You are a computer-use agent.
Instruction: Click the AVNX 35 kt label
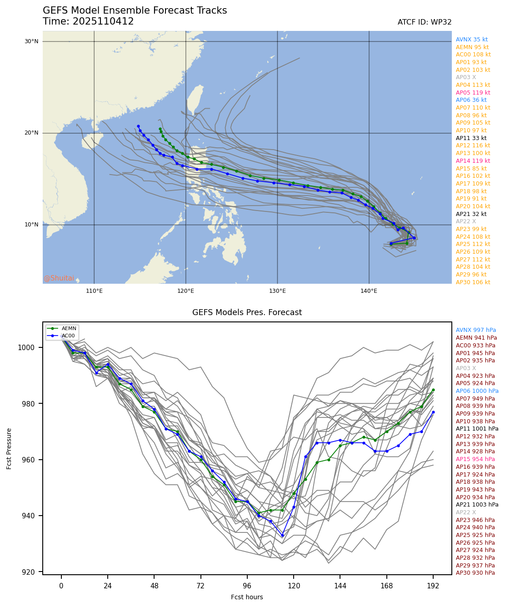(471, 40)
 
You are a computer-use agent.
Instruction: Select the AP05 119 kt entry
(473, 93)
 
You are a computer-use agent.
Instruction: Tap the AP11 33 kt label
(471, 138)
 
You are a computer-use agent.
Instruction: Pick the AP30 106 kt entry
(473, 282)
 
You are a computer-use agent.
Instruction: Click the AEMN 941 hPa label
(476, 338)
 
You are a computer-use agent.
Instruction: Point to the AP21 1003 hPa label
(477, 505)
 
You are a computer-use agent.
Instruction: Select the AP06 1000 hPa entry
(477, 391)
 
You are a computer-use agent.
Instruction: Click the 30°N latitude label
(31, 41)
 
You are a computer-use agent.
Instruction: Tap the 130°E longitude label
(277, 291)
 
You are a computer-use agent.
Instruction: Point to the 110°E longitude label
(94, 291)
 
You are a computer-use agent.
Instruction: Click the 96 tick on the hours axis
(247, 586)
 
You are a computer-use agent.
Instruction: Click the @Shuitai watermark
(59, 278)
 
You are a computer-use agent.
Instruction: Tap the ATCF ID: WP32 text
(424, 22)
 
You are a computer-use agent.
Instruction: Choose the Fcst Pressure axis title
(9, 448)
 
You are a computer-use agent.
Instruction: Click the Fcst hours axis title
(247, 597)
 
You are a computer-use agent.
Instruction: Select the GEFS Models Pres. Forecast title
(247, 312)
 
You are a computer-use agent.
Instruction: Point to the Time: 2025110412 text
(88, 21)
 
